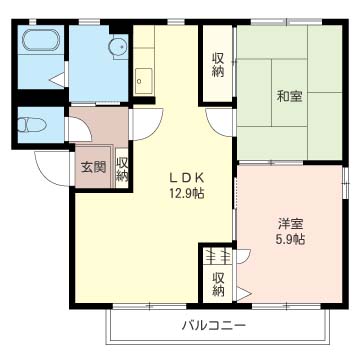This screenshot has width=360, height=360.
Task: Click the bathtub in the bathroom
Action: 41,40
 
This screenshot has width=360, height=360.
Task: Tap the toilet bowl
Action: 31,125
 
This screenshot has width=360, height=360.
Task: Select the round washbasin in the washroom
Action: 117,47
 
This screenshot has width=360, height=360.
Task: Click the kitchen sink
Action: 144,81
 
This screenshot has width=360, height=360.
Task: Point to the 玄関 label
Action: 94,167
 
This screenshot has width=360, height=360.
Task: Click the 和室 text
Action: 289,97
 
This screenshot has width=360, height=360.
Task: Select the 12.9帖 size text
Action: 186,193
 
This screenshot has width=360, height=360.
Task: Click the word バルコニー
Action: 213,325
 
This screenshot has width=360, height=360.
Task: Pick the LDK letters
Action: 187,178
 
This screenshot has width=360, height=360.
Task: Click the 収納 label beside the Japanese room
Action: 218,65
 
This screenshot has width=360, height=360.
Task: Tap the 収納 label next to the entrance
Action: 122,169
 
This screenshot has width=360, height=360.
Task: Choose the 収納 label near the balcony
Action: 218,284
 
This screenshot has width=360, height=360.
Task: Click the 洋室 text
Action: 290,224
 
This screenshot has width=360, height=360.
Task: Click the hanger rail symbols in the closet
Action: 218,256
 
